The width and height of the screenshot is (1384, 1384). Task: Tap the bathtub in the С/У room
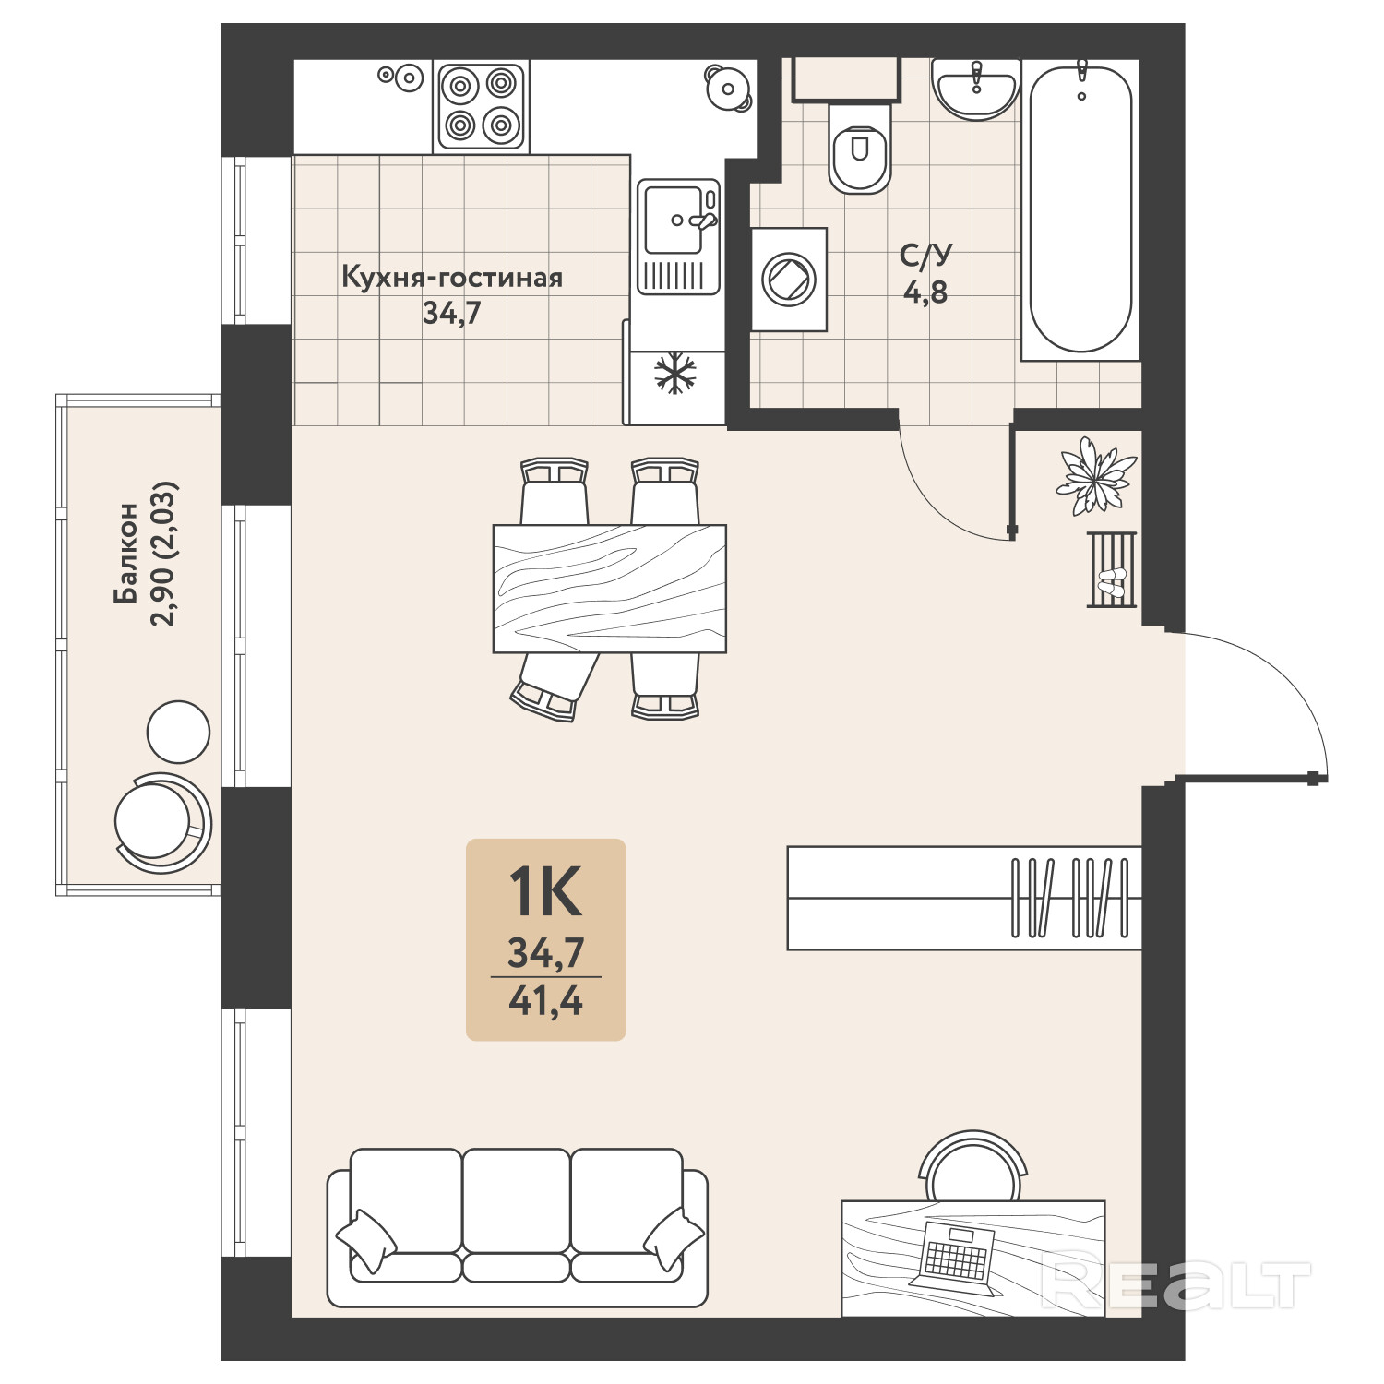tap(1080, 208)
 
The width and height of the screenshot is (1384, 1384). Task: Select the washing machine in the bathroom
tap(789, 279)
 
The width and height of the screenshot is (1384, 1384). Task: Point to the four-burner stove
tap(481, 106)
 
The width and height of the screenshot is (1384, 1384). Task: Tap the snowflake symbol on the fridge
tap(675, 374)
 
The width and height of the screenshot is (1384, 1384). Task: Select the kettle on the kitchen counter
tap(729, 88)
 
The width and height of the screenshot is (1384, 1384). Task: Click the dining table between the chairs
tap(610, 589)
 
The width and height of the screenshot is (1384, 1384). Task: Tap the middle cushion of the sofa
tap(516, 1199)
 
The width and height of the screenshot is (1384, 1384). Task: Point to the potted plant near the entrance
tap(1098, 475)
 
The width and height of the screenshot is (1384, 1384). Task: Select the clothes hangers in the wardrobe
tap(1070, 898)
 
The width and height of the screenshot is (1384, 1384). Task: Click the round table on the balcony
tap(179, 732)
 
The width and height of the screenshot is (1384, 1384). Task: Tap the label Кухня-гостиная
tap(452, 277)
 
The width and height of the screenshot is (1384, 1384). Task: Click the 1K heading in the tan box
tap(545, 891)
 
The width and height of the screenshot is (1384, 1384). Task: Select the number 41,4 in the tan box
tap(545, 1000)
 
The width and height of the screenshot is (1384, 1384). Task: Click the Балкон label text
tap(126, 553)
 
